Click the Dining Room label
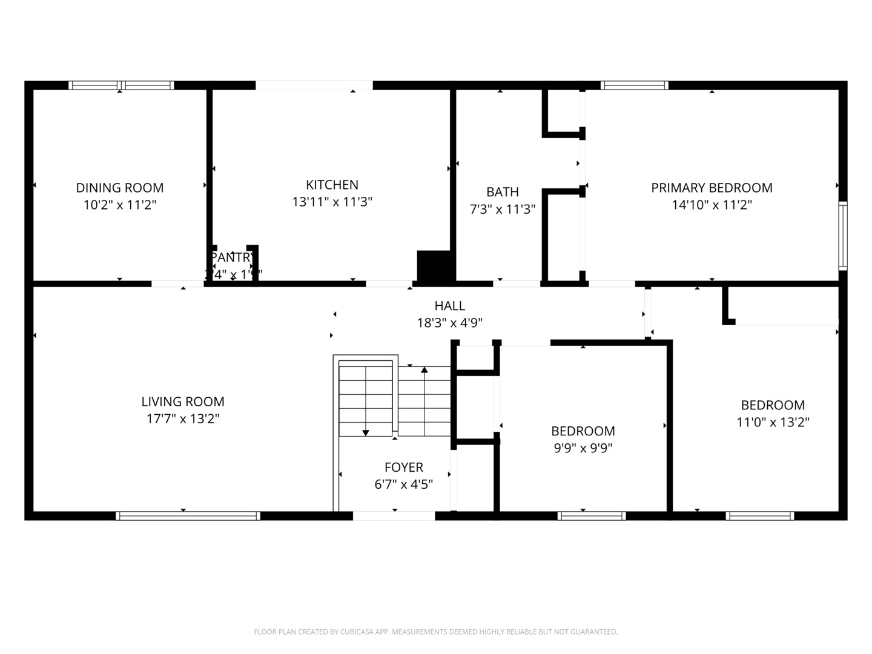pyautogui.click(x=119, y=188)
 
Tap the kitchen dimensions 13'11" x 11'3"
pyautogui.click(x=332, y=202)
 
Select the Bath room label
pyautogui.click(x=502, y=192)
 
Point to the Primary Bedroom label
pyautogui.click(x=712, y=188)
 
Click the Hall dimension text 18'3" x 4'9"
pyautogui.click(x=449, y=323)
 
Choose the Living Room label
pyautogui.click(x=183, y=401)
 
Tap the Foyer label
pyautogui.click(x=403, y=467)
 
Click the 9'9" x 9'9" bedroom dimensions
pyautogui.click(x=583, y=448)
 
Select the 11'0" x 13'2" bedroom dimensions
pyautogui.click(x=773, y=422)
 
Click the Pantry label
pyautogui.click(x=233, y=257)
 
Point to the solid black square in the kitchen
pyautogui.click(x=434, y=265)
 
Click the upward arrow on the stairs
pyautogui.click(x=424, y=370)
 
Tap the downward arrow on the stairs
pyautogui.click(x=366, y=432)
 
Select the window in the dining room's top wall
pyautogui.click(x=121, y=85)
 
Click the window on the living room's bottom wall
pyautogui.click(x=188, y=516)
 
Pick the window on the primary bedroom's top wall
pyautogui.click(x=634, y=85)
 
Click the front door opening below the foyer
pyautogui.click(x=394, y=516)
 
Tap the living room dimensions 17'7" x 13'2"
pyautogui.click(x=183, y=418)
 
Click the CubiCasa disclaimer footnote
pyautogui.click(x=435, y=632)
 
